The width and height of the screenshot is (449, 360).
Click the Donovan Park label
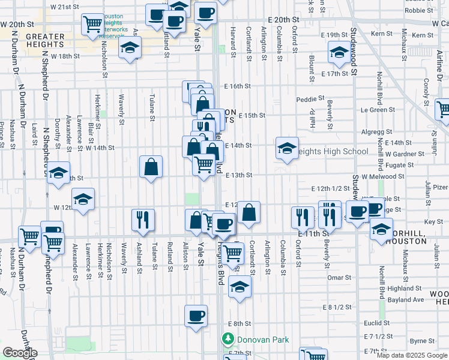click(x=262, y=340)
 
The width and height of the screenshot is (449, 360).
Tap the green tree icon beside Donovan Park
click(x=228, y=340)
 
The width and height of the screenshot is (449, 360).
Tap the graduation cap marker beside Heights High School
click(x=288, y=148)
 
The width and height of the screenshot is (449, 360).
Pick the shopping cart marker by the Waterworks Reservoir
click(x=93, y=24)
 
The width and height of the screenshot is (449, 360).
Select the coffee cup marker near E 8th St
click(x=196, y=316)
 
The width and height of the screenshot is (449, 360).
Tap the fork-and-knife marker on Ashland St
click(x=143, y=220)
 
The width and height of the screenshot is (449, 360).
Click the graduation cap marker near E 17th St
click(x=339, y=53)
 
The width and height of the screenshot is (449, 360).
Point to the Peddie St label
click(x=310, y=98)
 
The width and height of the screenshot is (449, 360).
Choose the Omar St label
click(x=339, y=278)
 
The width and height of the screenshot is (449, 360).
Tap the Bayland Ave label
click(x=402, y=299)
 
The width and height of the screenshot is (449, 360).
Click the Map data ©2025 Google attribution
click(x=411, y=355)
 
